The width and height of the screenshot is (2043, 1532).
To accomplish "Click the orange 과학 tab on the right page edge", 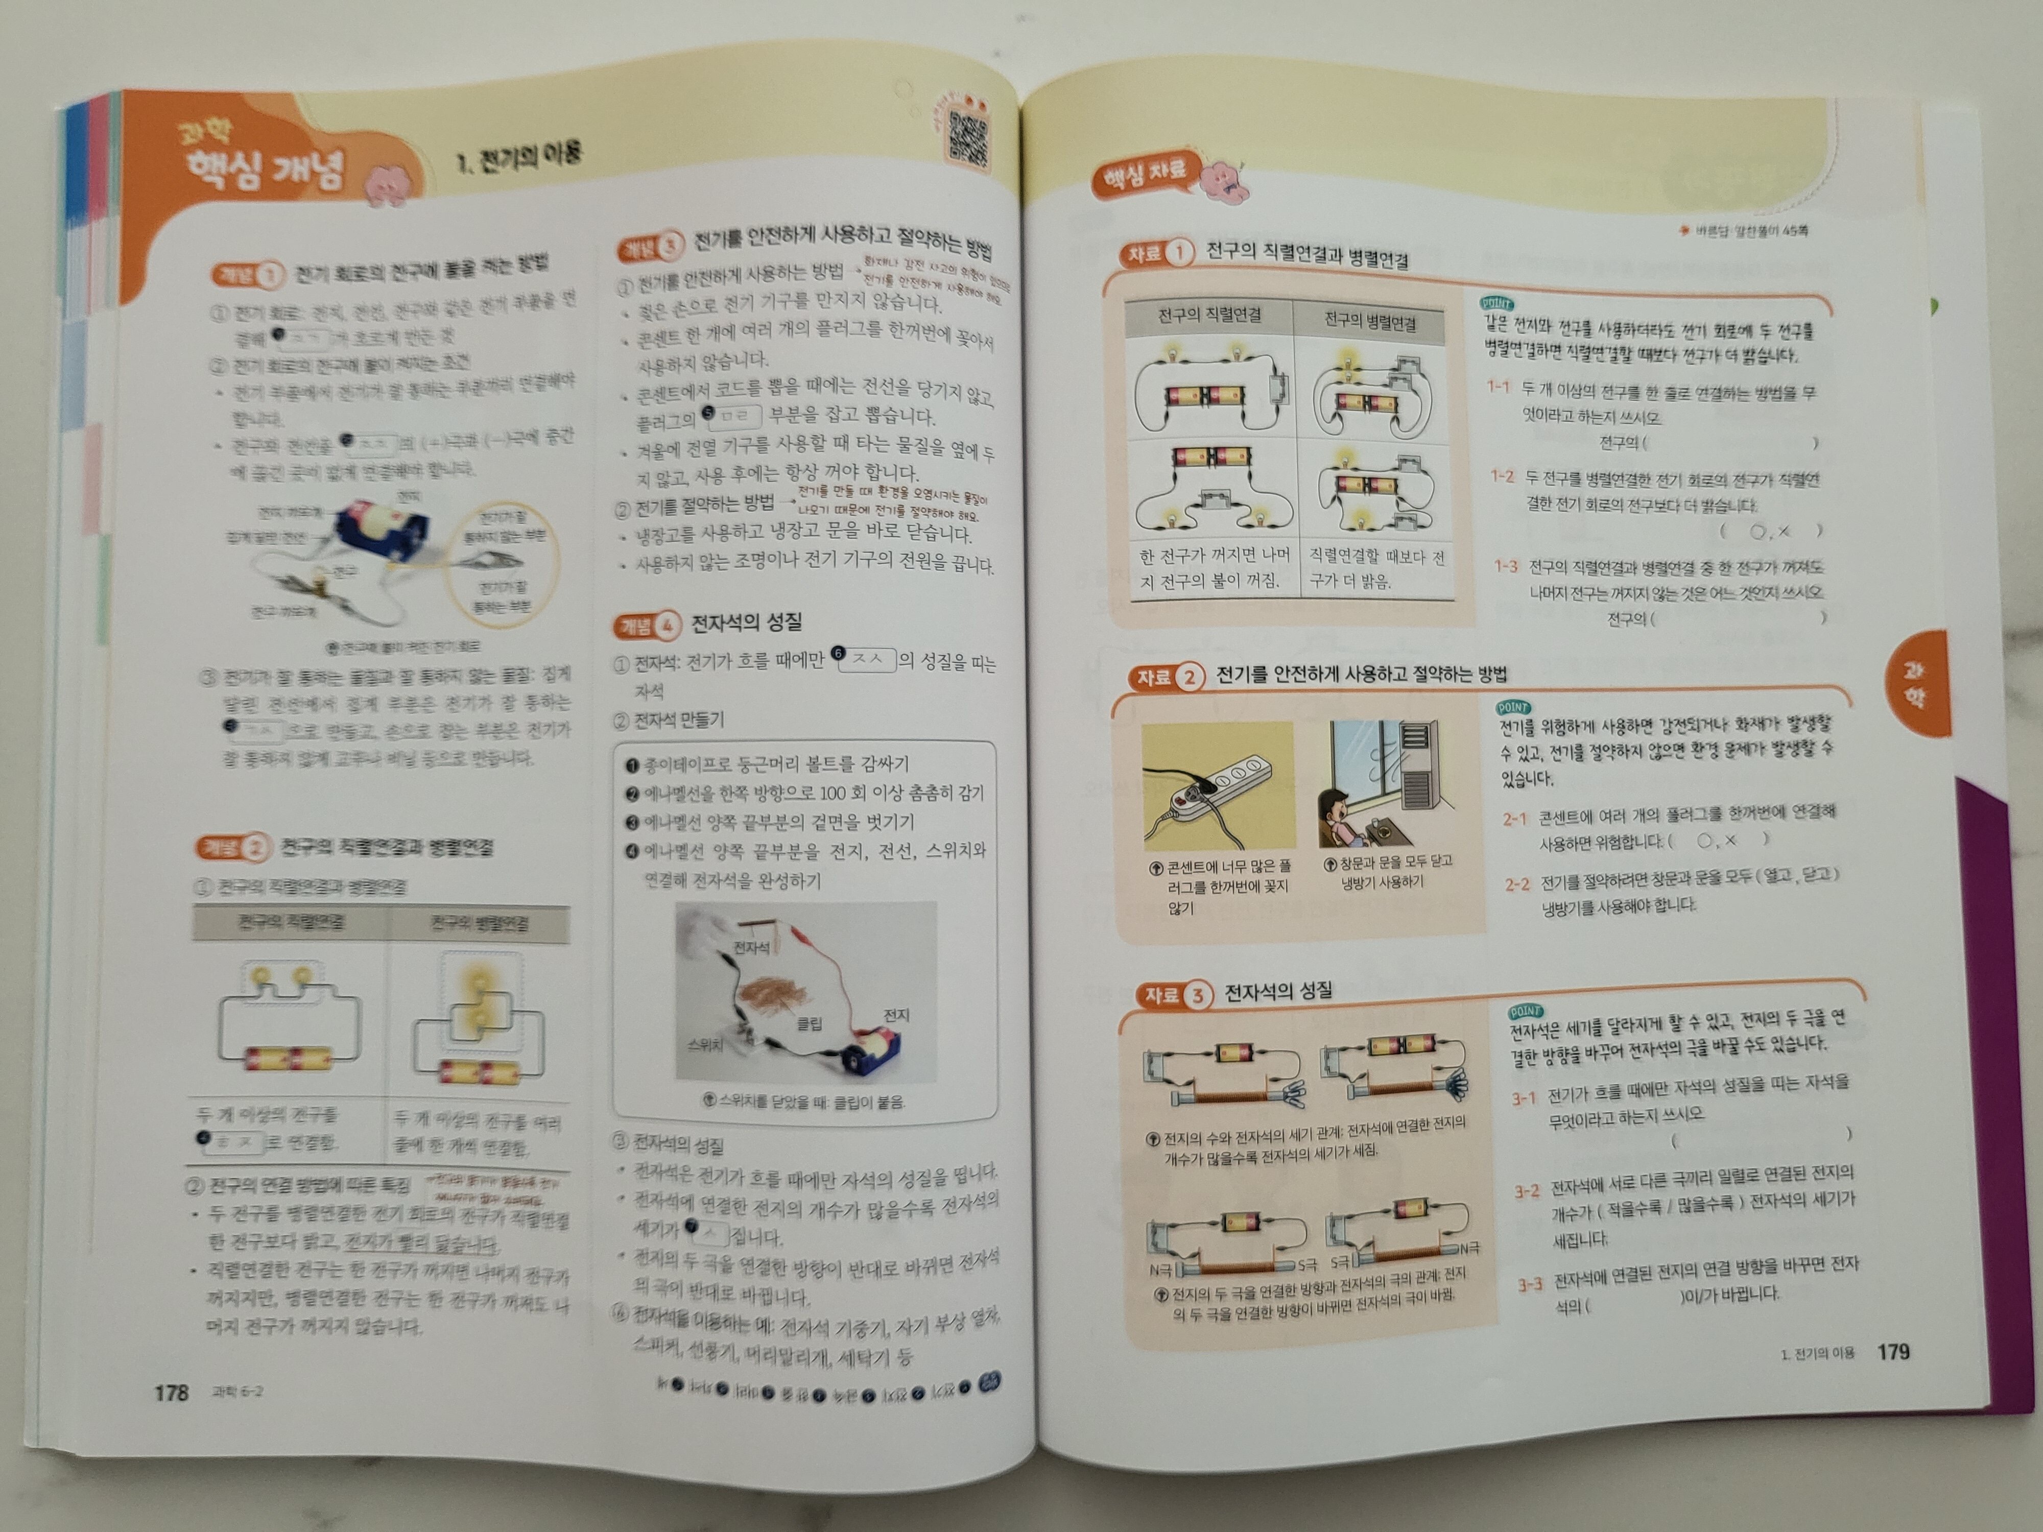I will [x=1916, y=683].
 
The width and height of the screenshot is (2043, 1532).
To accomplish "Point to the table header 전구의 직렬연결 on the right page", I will [x=1209, y=316].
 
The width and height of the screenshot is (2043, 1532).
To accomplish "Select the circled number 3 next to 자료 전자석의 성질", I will [x=1198, y=995].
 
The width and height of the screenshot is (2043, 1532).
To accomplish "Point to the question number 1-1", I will [x=1498, y=387].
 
